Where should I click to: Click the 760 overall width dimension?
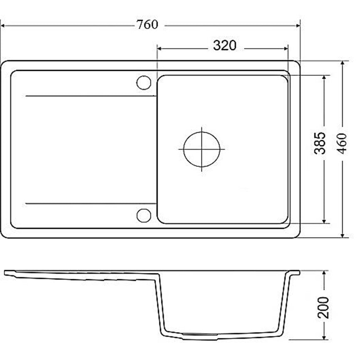[x=147, y=25]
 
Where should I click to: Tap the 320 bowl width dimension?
[x=225, y=45]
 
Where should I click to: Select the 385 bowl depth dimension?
[x=320, y=143]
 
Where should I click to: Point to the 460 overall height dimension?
[x=342, y=143]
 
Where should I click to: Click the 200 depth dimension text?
[x=323, y=308]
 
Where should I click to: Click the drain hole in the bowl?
[x=201, y=149]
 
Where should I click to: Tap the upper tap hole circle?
[x=144, y=82]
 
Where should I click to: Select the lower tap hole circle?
[x=144, y=215]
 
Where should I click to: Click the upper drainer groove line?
[x=91, y=96]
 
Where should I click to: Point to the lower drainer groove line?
[x=91, y=204]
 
